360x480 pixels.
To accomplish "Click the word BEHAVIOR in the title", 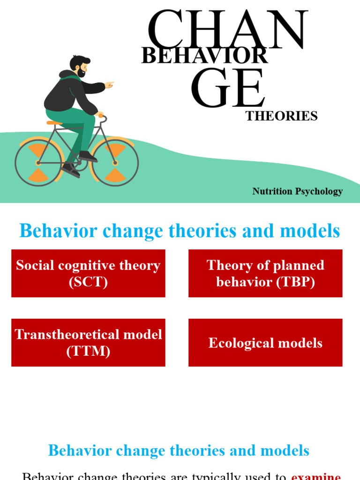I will [204, 56].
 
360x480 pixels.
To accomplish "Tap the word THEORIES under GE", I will [282, 116].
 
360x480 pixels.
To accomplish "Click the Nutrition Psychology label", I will [298, 191].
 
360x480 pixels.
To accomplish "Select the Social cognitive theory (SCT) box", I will [88, 273].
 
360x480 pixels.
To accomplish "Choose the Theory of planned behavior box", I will [265, 273].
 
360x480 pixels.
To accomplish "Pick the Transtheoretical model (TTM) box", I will [88, 343].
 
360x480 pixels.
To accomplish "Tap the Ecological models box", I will [265, 343].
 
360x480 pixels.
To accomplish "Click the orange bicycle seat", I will [54, 123].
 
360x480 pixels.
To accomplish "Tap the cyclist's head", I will [79, 66].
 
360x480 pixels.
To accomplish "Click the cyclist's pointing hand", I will [109, 85].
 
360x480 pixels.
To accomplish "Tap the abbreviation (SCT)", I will [88, 282].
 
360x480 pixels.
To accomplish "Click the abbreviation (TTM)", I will [88, 351].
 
